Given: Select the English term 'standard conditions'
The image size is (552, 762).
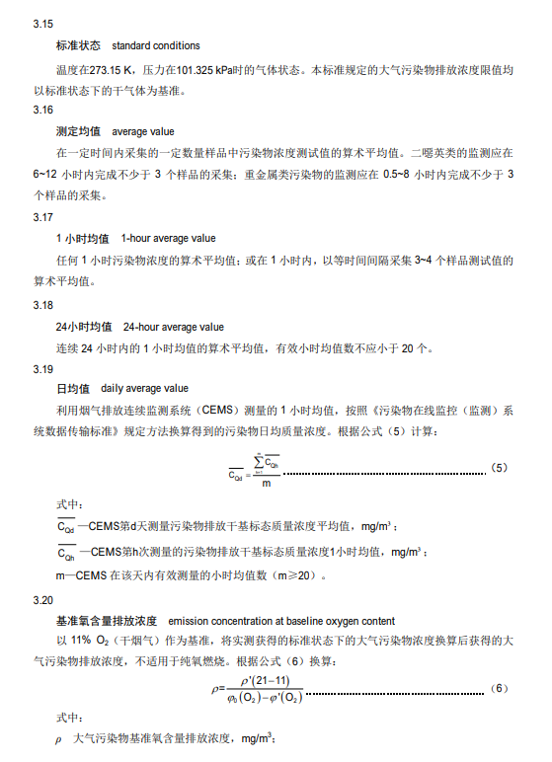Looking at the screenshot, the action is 155,45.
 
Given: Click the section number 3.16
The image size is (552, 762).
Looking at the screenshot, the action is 42,110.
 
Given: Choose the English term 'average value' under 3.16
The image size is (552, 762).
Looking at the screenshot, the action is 143,130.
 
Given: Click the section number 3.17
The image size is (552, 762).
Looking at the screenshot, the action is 42,216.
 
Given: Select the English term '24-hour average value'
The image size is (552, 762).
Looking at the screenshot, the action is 173,326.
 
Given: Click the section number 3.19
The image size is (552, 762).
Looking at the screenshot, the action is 42,368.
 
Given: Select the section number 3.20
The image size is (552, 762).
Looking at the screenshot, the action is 42,599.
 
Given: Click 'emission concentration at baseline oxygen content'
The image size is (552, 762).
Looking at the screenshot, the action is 281,621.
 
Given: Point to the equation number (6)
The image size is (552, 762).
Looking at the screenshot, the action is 499,687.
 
